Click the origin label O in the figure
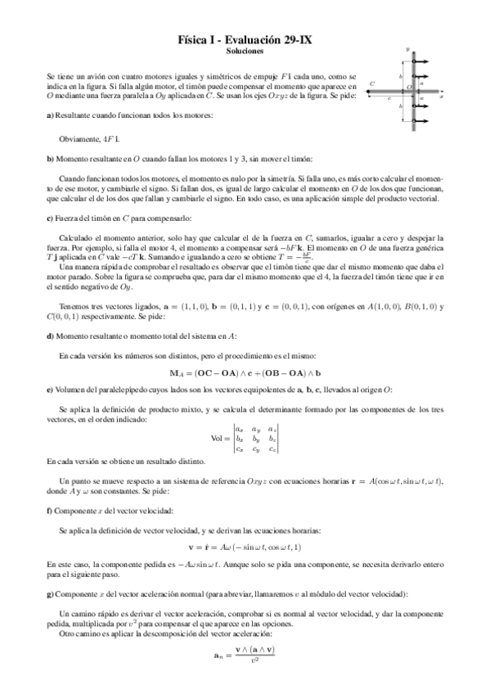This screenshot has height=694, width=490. coord(408,88)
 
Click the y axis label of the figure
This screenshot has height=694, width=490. coord(407,49)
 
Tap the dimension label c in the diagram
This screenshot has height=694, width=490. coord(389,97)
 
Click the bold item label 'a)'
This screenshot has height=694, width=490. coord(51,115)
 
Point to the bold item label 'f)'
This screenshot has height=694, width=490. coord(51,511)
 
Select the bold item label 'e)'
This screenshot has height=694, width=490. coord(51,390)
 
